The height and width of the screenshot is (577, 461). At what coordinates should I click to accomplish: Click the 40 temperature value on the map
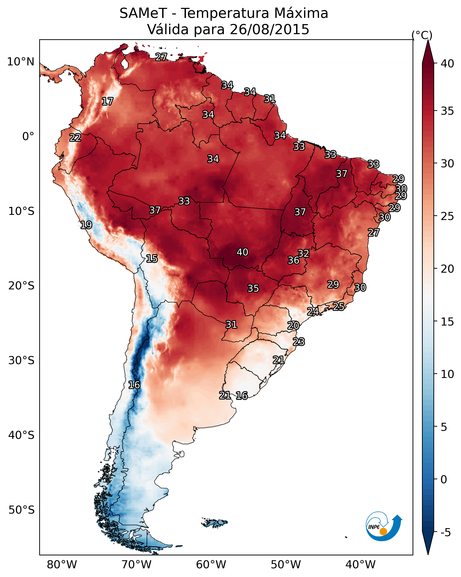(x=242, y=252)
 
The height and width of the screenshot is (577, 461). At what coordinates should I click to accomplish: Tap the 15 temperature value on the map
(x=152, y=259)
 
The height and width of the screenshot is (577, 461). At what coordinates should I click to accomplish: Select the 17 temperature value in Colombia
(x=107, y=102)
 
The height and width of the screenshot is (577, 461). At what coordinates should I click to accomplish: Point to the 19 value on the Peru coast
(x=86, y=225)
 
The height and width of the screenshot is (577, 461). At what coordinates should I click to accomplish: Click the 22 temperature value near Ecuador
(x=75, y=138)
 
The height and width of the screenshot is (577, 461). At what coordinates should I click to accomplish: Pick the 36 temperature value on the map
(x=294, y=260)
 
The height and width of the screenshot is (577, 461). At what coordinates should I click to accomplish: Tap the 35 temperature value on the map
(x=253, y=288)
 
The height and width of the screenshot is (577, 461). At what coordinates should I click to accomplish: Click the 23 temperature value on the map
(x=299, y=342)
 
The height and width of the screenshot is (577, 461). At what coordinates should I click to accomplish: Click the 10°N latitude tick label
(x=21, y=62)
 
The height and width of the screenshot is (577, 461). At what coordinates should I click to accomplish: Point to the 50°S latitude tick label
(x=21, y=510)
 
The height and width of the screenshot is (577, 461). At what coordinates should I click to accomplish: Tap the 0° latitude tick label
(x=28, y=137)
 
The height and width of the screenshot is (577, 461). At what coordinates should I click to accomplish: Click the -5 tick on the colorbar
(x=445, y=533)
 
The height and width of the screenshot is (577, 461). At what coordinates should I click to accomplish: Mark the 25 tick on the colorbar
(x=447, y=216)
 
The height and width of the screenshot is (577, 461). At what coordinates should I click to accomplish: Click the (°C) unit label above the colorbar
(x=422, y=35)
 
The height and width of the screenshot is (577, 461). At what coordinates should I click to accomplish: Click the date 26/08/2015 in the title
(x=269, y=29)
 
